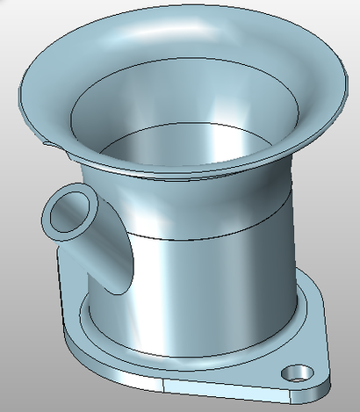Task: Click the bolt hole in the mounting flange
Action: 298,372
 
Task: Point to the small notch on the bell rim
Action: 47,140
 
